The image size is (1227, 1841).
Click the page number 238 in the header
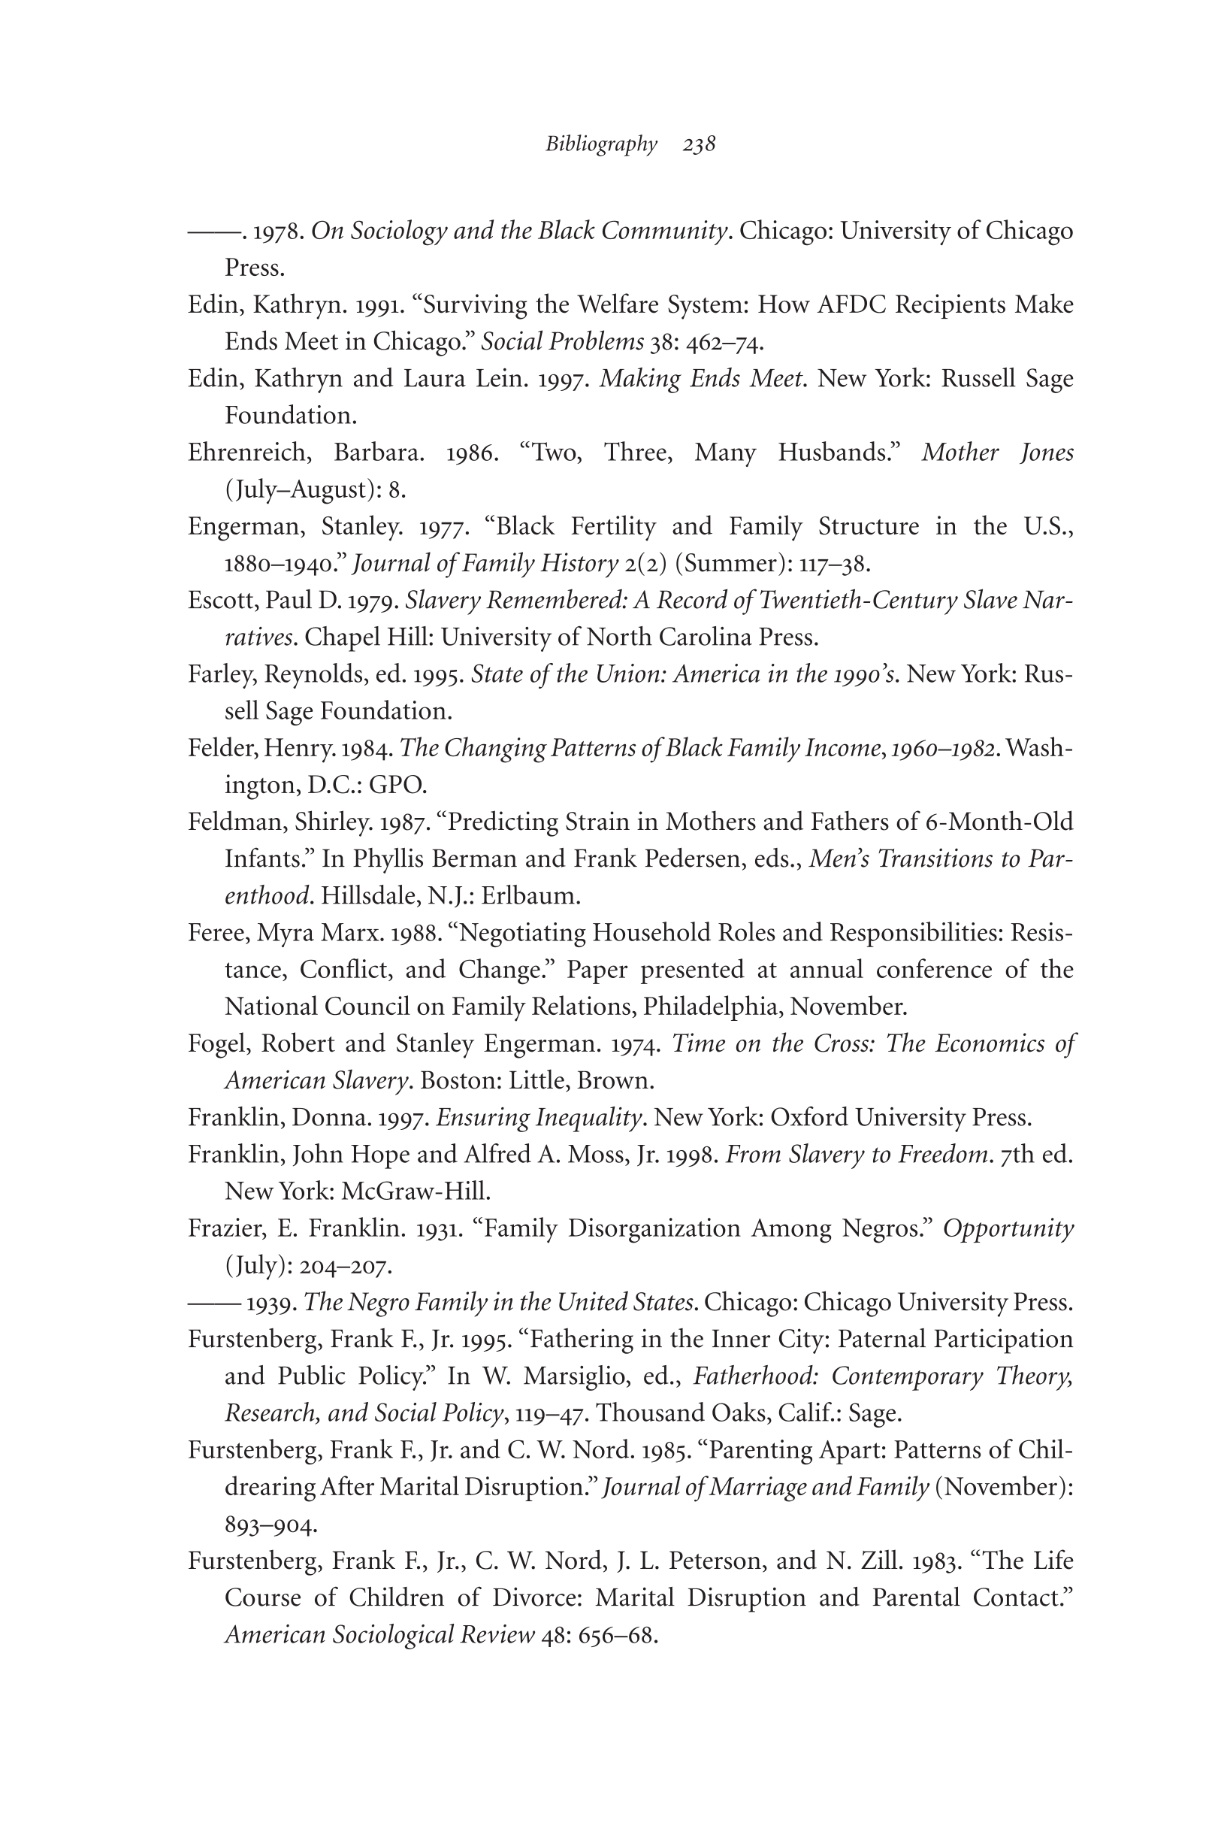click(x=699, y=145)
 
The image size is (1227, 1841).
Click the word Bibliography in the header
click(x=601, y=145)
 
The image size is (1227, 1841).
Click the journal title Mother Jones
click(x=997, y=453)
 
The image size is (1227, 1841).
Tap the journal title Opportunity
click(x=1007, y=1229)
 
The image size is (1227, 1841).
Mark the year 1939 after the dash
click(x=270, y=1303)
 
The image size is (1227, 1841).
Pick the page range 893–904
click(x=270, y=1525)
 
